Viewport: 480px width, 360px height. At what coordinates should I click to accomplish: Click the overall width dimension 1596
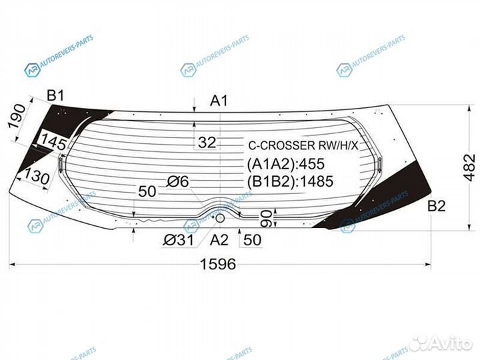tap(218, 264)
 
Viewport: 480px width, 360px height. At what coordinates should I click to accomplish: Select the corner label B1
tap(55, 96)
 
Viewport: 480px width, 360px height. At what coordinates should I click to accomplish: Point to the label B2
tap(436, 206)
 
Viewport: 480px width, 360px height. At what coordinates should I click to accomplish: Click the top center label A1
tap(219, 101)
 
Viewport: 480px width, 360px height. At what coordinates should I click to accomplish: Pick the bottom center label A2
tap(219, 240)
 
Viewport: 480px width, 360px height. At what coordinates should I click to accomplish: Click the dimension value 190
tap(17, 117)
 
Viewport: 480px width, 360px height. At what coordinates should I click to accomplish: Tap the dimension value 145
tap(53, 142)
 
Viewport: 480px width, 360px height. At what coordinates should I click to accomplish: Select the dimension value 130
tap(37, 176)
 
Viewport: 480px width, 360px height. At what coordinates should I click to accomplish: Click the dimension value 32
tap(207, 143)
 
